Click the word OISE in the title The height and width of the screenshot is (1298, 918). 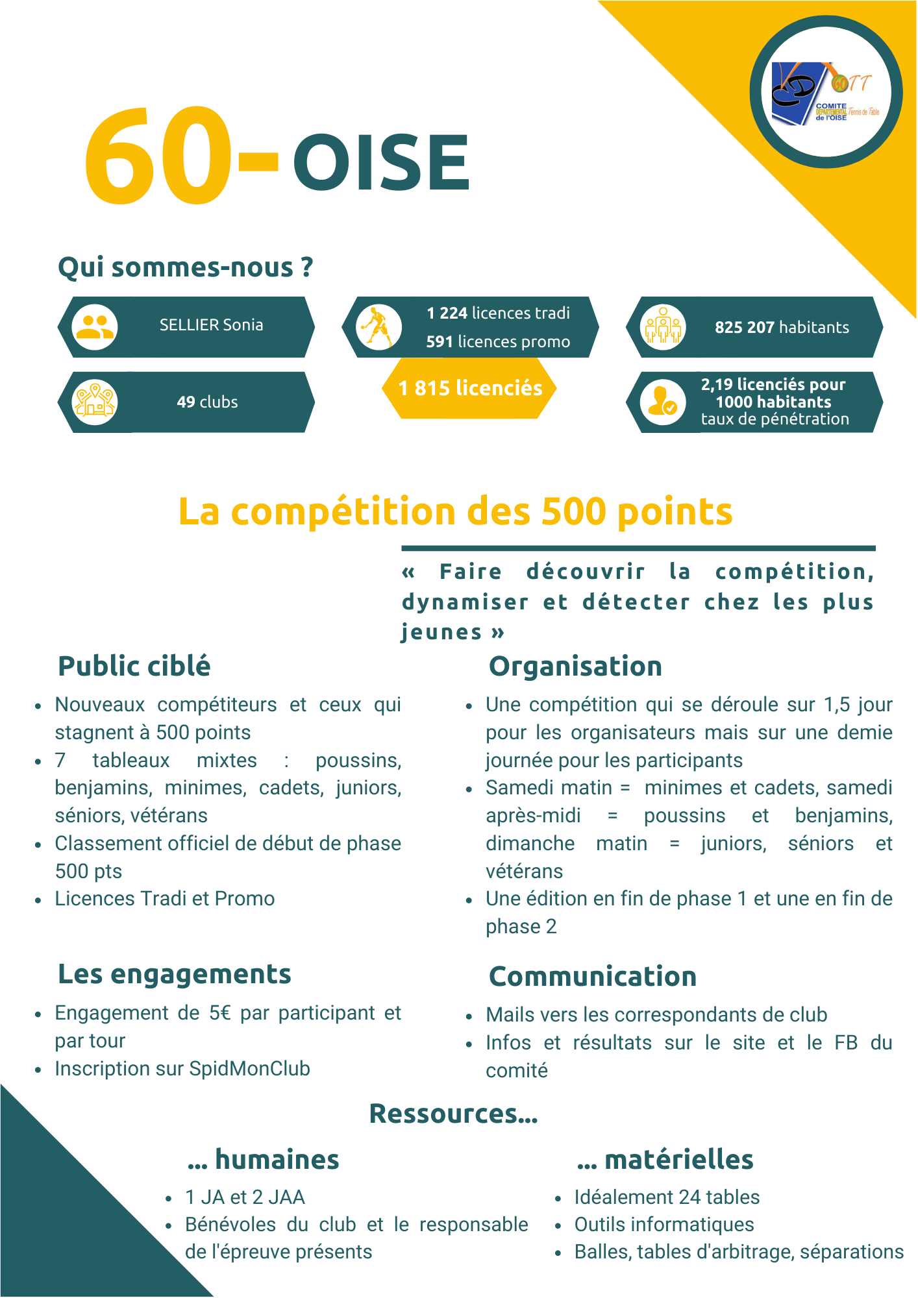click(382, 162)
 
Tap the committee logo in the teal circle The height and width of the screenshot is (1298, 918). click(826, 93)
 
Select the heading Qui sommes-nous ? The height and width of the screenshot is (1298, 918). click(186, 267)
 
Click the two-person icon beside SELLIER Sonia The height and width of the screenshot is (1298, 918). click(95, 326)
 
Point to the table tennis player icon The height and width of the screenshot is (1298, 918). click(378, 326)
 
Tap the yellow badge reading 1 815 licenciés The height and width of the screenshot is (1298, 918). click(470, 388)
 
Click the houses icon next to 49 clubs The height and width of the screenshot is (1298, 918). click(95, 402)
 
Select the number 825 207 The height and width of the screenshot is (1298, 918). click(744, 327)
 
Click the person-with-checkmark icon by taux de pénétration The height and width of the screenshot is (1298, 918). click(662, 402)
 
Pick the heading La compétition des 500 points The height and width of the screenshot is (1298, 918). click(455, 511)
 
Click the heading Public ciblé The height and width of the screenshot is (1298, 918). click(134, 667)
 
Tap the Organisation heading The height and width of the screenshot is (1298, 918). click(575, 667)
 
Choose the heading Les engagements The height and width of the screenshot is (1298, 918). click(175, 974)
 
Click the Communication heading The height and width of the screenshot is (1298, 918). click(592, 977)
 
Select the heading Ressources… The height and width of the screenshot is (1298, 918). click(453, 1114)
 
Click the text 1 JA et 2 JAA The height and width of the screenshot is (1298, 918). click(245, 1197)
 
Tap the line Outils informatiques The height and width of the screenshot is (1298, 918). click(664, 1224)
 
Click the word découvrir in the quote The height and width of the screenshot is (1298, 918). click(586, 572)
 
